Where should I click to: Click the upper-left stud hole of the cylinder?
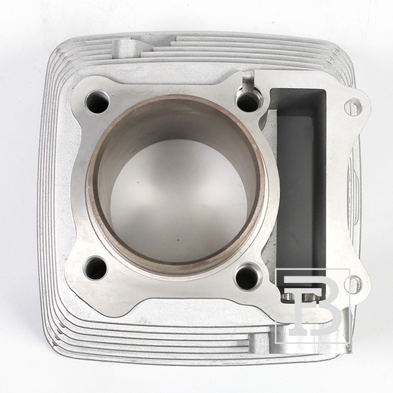point(98,102)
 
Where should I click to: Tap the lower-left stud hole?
point(96,269)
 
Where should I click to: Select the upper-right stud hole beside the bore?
point(247,102)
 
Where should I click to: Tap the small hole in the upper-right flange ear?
point(354,107)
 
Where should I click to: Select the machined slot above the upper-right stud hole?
point(248,81)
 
